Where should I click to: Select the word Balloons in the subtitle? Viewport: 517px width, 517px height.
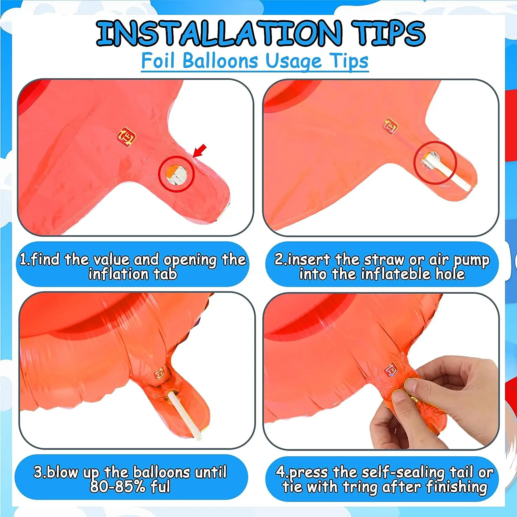220,61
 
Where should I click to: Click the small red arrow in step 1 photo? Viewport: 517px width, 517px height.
200,150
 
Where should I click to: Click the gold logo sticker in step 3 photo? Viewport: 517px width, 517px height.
159,373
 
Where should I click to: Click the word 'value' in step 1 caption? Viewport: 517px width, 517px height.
126,259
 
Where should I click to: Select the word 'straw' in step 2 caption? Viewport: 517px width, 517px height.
384,259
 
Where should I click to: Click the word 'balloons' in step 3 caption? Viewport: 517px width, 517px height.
162,472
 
